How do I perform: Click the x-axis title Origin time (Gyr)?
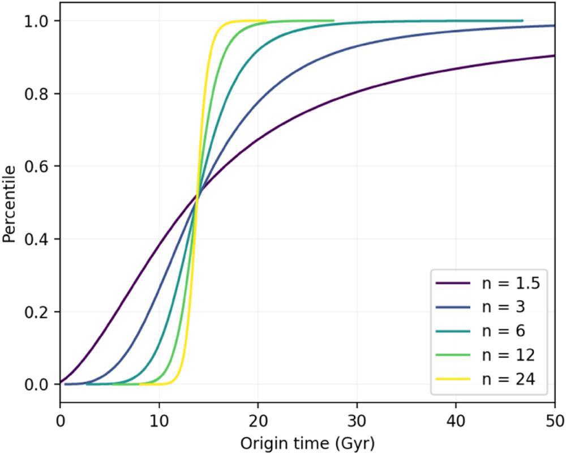[x=307, y=441]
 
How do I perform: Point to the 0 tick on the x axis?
[x=60, y=421]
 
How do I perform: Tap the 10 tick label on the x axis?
[x=159, y=421]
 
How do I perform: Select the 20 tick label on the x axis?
[x=258, y=421]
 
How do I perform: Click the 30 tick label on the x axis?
[x=357, y=421]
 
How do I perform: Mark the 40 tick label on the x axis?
[x=456, y=421]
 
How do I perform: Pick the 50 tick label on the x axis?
[x=554, y=421]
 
